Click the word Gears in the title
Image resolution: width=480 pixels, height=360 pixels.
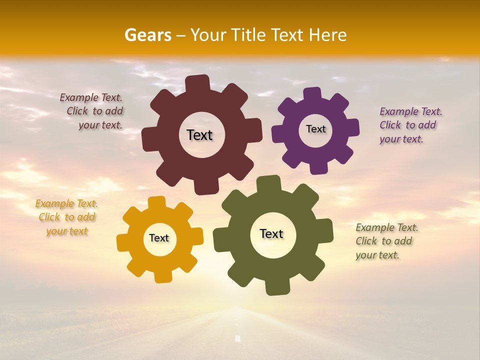[x=147, y=35]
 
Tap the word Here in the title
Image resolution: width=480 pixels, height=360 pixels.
[x=328, y=35]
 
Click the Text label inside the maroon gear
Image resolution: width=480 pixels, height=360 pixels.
[x=199, y=135]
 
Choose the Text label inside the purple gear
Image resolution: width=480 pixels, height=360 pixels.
[x=315, y=129]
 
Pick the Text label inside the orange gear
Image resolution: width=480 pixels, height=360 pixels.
[x=159, y=238]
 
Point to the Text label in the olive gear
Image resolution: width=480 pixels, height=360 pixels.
[x=271, y=233]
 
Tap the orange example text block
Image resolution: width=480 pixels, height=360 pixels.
[x=66, y=217]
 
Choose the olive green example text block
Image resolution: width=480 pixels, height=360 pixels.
[x=385, y=241]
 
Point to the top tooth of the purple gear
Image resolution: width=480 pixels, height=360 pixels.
[x=312, y=93]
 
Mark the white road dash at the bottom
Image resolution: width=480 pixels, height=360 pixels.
[x=238, y=338]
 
